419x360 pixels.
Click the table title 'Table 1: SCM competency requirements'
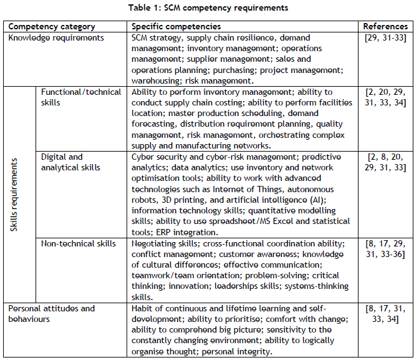(x=209, y=8)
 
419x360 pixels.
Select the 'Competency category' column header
(x=52, y=27)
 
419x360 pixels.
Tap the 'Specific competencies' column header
(x=176, y=27)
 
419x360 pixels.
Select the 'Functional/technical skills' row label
(x=81, y=97)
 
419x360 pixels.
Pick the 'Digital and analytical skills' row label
(x=72, y=162)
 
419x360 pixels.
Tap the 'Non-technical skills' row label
(x=79, y=243)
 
